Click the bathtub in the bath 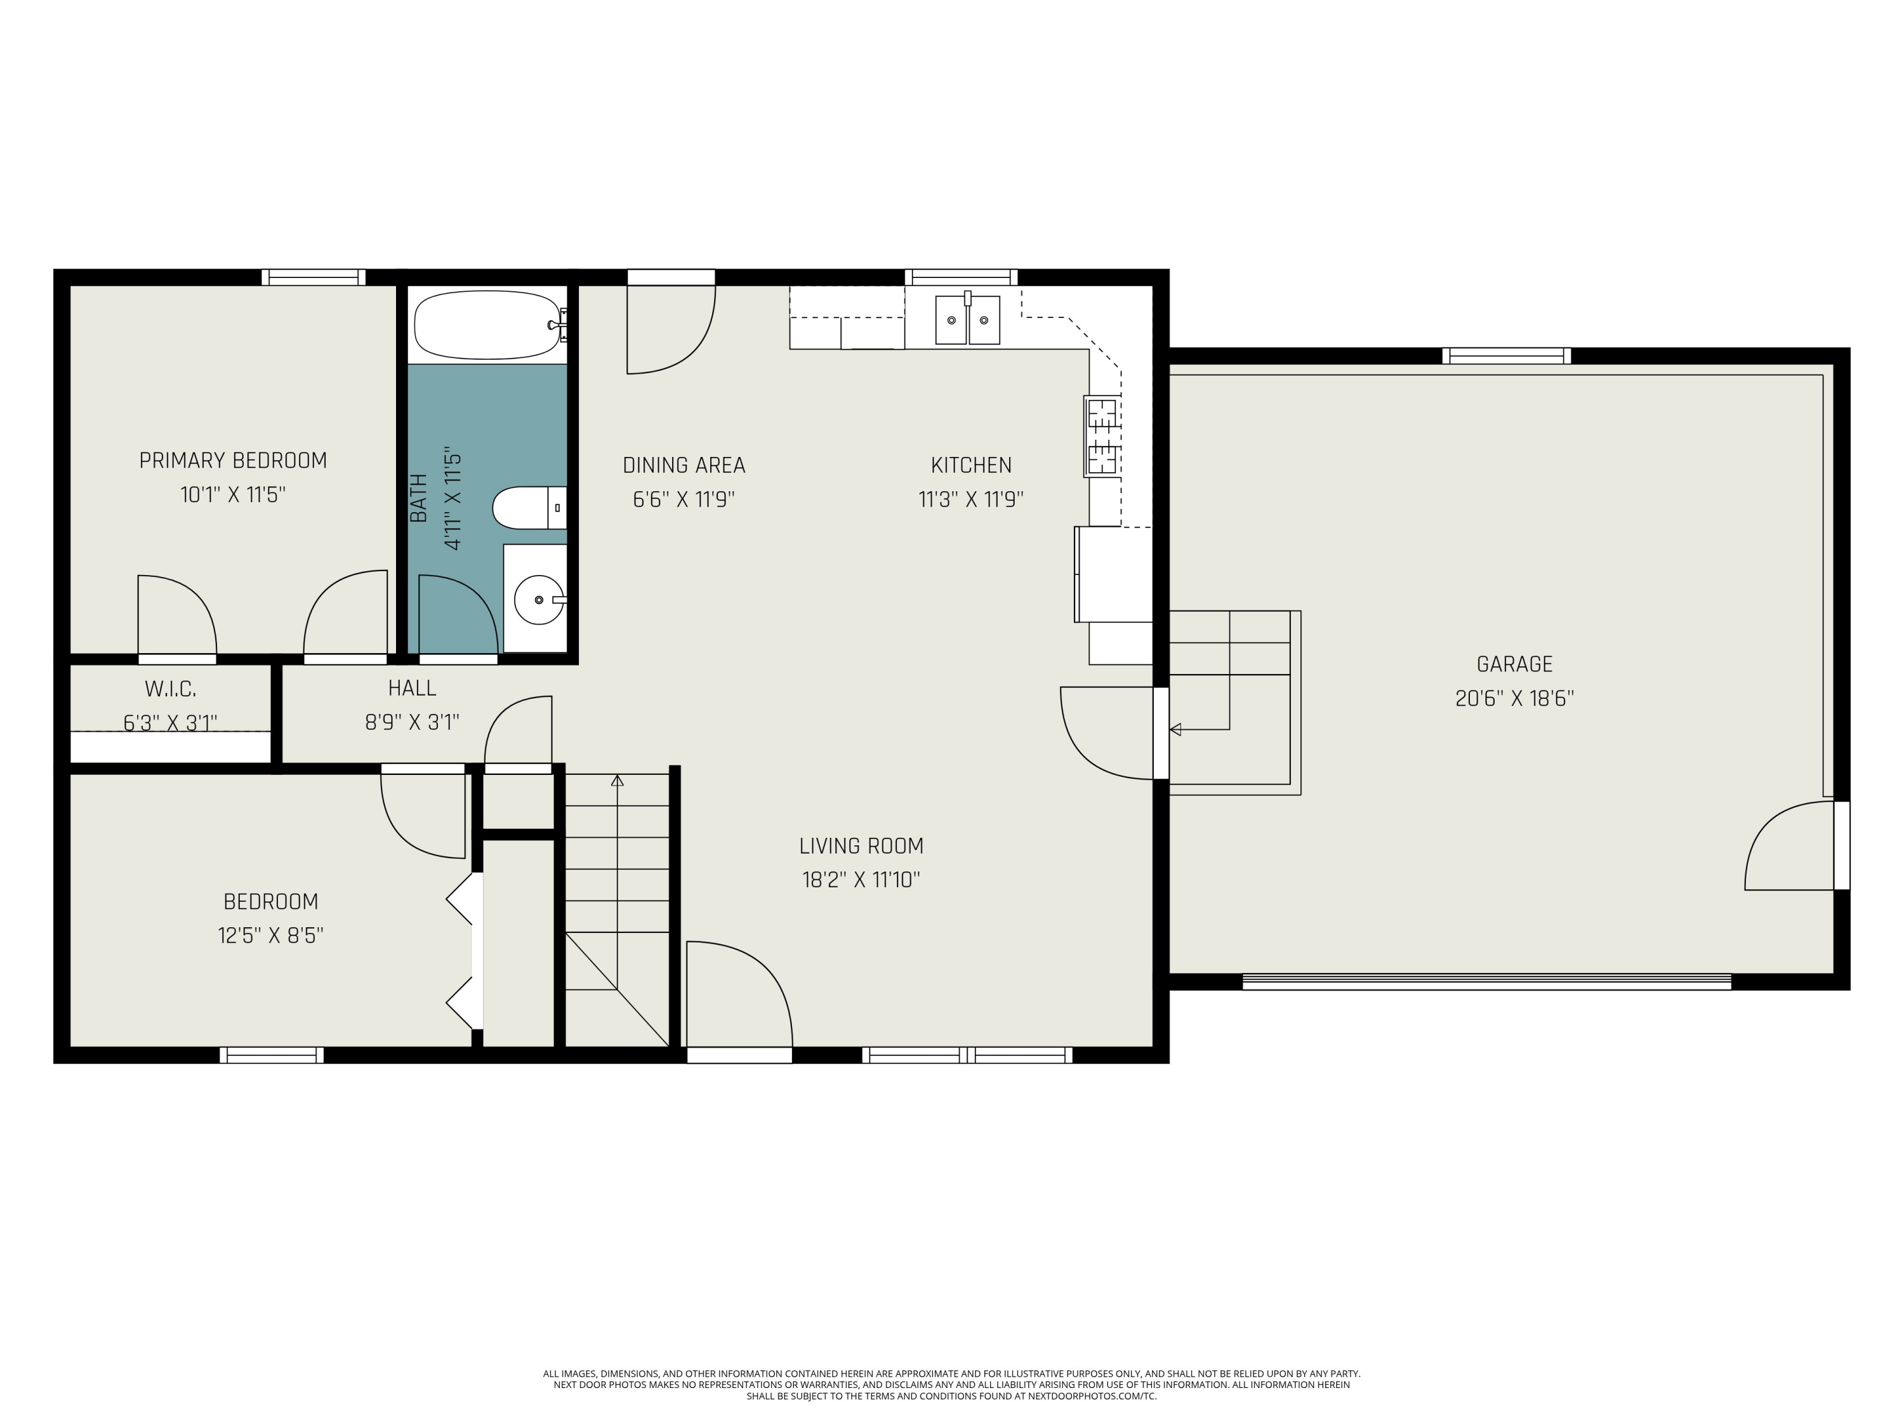coord(487,324)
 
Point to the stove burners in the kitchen coord(1102,437)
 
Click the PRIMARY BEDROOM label coord(232,461)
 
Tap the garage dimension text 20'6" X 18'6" coord(1514,698)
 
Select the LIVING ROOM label coord(861,846)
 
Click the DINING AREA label coord(684,466)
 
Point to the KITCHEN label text coord(971,466)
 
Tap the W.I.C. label coord(171,689)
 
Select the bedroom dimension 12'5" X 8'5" coord(270,935)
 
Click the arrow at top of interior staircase coord(617,781)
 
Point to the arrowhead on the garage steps coord(1175,730)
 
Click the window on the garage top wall coord(1506,355)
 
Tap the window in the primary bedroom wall coord(314,277)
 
